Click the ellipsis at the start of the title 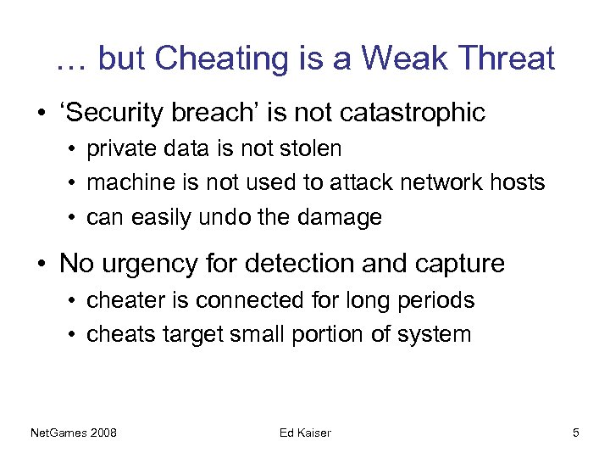tap(70, 61)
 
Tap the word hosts tap(518, 182)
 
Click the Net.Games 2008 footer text tap(73, 433)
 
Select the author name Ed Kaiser tap(305, 433)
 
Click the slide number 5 tap(576, 433)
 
